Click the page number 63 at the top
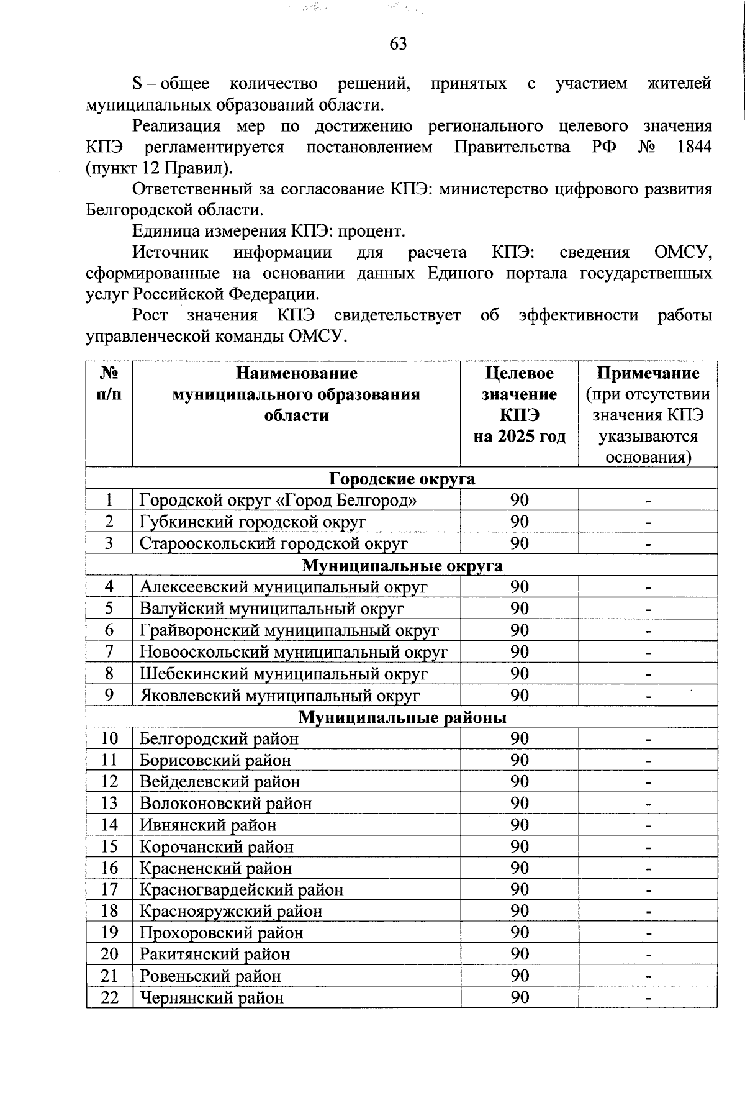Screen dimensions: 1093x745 398,43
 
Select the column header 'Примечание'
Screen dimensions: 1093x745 648,373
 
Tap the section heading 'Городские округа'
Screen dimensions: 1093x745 402,479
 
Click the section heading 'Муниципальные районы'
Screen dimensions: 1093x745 402,717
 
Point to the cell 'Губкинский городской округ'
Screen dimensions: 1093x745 253,522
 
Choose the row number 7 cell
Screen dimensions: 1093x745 109,651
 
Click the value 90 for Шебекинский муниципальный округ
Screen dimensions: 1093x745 519,673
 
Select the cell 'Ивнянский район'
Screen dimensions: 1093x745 208,825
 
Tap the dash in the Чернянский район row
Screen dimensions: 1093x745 648,999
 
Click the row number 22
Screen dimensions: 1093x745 109,997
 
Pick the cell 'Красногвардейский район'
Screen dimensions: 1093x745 242,889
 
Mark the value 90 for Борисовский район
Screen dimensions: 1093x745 519,760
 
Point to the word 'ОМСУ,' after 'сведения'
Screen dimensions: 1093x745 682,253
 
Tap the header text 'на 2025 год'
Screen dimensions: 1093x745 519,437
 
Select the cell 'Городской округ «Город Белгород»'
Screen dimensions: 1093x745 278,500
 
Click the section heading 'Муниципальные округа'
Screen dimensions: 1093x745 402,566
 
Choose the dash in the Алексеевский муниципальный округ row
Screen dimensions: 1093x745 648,587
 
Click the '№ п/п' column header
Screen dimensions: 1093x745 109,384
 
